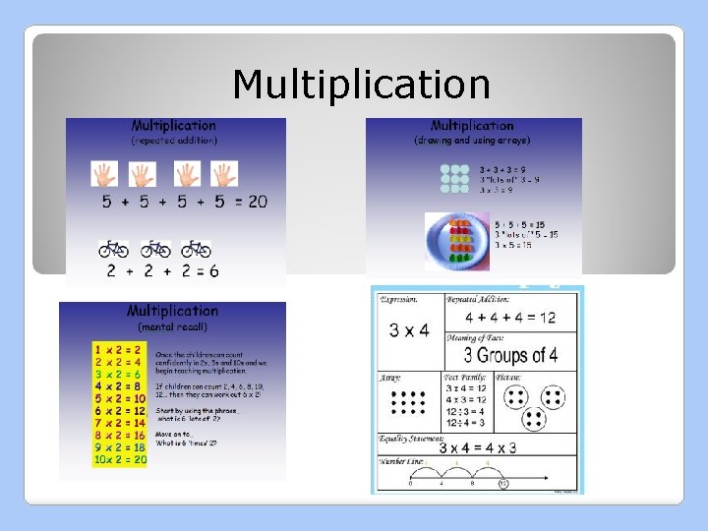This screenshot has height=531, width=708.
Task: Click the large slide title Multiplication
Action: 361,85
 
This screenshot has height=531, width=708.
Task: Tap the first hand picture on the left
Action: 105,174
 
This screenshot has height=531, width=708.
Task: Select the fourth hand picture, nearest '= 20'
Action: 225,174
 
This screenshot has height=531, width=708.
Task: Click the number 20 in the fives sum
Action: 257,202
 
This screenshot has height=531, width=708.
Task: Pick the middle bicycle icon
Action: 154,249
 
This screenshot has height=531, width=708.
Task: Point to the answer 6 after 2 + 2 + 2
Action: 213,270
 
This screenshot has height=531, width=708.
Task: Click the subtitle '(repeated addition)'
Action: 174,141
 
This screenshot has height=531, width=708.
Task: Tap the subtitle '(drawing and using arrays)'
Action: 472,141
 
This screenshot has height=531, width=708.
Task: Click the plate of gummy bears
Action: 458,239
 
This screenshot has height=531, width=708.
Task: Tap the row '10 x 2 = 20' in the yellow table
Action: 120,459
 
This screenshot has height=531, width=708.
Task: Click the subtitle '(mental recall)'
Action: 172,325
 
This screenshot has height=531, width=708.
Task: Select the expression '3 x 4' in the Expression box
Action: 408,329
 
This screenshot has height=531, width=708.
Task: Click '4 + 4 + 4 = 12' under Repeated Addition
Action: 510,318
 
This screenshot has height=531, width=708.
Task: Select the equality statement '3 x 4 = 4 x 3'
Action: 478,447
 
